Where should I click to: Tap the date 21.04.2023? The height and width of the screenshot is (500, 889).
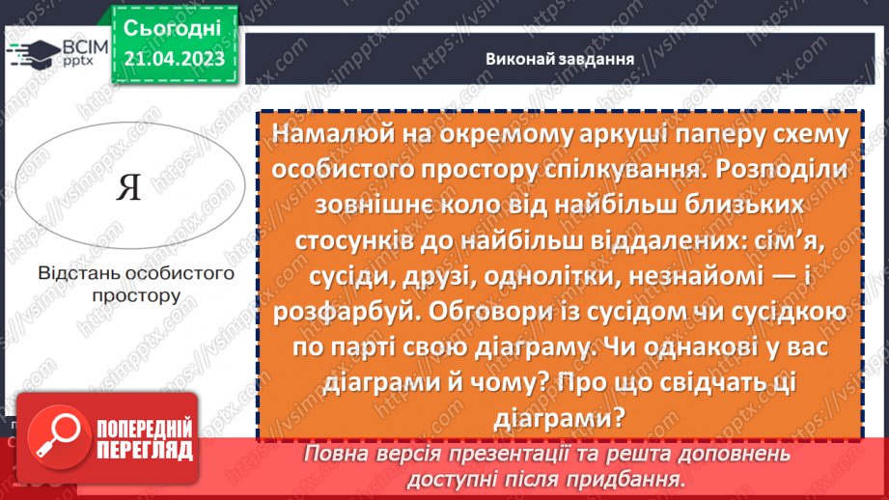(x=173, y=59)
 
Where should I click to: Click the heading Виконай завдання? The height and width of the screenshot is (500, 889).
(x=560, y=59)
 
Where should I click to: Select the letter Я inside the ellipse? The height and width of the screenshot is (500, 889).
(x=128, y=187)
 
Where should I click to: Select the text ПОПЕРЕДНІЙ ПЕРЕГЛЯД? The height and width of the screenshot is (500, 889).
(x=140, y=438)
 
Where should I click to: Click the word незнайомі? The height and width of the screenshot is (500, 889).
(x=703, y=277)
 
